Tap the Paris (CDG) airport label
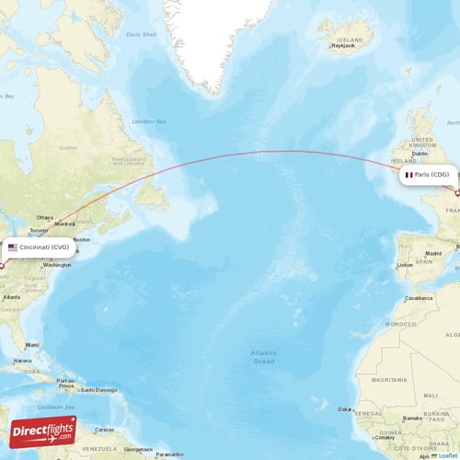[x=431, y=174]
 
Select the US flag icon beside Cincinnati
[x=13, y=247]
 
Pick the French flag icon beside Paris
[x=408, y=174]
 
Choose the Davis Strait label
[x=141, y=35]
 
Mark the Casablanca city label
[x=420, y=298]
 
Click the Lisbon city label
[x=405, y=265]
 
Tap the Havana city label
[x=22, y=361]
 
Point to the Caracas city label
[x=104, y=429]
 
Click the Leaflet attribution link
[x=447, y=455]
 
